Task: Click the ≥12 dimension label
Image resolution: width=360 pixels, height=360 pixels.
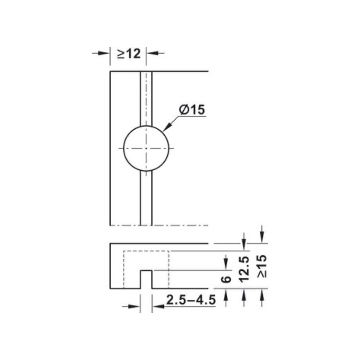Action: pos(129,54)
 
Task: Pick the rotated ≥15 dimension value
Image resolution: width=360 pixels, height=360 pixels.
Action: pos(262,265)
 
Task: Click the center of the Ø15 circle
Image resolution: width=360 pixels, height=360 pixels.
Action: pos(146,148)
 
